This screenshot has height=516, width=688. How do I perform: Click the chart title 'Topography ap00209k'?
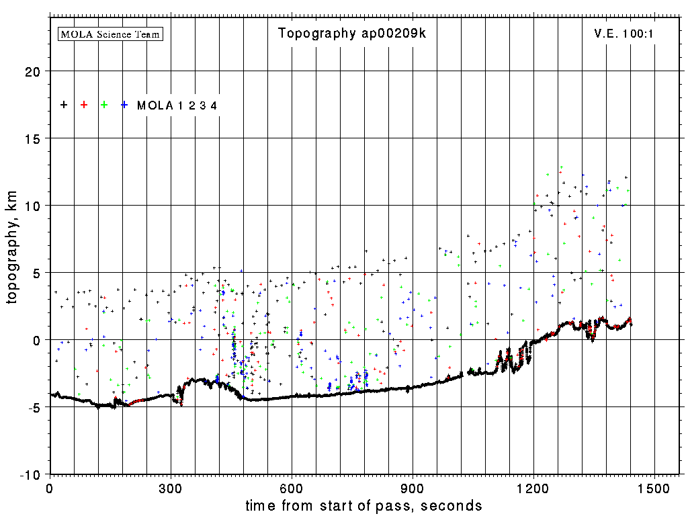352,34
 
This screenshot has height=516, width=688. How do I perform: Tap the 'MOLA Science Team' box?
111,34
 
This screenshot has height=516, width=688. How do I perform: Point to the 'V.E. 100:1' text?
623,34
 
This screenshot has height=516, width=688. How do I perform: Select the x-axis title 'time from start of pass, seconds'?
363,505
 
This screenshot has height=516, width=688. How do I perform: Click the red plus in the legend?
84,105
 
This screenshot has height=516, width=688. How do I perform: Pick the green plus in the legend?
104,105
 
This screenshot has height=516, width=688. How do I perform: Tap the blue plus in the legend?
124,105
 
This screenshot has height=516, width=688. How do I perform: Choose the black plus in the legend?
64,105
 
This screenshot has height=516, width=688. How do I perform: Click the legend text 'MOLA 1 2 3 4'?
177,105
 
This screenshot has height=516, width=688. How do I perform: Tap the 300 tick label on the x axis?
171,487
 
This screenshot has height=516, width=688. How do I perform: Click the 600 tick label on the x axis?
292,487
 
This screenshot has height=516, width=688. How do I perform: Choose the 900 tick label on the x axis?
413,487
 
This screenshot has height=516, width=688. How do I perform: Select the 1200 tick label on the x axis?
533,487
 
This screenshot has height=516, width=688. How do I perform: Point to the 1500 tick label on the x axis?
654,487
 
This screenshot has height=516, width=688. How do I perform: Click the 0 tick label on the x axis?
50,487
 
